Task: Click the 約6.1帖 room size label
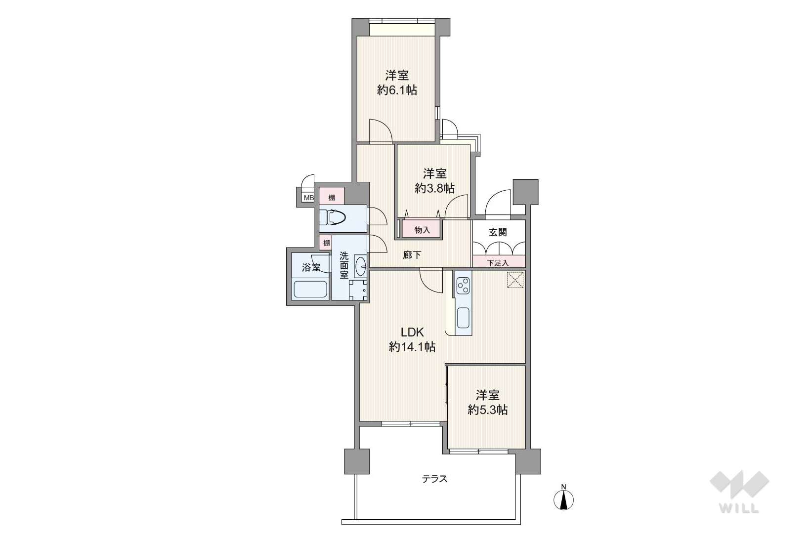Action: click(397, 89)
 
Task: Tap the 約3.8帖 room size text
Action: click(434, 188)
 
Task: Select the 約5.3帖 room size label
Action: click(487, 410)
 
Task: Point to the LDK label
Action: click(412, 332)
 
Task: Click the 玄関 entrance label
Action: click(498, 232)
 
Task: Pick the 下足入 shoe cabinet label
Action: click(498, 263)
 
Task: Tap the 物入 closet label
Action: click(422, 230)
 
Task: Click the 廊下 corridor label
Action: click(412, 255)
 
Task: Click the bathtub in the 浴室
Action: click(311, 289)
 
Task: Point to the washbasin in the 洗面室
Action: click(361, 267)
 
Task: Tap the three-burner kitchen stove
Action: click(463, 286)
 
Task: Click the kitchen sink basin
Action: click(463, 317)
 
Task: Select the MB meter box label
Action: click(308, 198)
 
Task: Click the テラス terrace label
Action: click(434, 479)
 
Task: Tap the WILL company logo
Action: click(739, 492)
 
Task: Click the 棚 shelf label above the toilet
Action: click(332, 198)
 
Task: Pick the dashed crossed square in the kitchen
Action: click(515, 280)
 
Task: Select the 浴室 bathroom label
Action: click(311, 267)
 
